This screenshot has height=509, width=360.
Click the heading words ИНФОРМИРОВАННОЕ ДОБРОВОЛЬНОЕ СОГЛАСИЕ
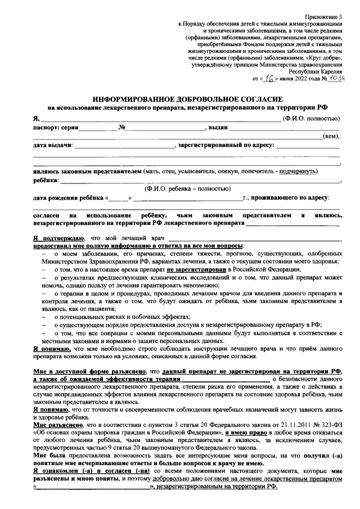[186, 97]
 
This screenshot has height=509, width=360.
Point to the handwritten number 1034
[335, 79]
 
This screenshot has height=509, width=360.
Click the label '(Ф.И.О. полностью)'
[310, 119]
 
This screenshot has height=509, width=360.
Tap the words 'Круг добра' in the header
[318, 57]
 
